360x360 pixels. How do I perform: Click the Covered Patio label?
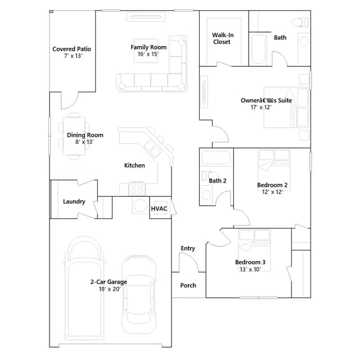71,49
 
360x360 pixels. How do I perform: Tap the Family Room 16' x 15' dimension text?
148,54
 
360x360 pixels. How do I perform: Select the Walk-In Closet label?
223,38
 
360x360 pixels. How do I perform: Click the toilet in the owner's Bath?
300,22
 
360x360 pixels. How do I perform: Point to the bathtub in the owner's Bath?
259,49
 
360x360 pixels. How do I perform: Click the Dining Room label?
85,135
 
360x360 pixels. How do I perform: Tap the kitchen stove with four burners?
137,188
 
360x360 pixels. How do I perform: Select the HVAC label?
159,209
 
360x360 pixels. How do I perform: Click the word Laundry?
74,201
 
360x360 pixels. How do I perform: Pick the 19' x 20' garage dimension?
110,289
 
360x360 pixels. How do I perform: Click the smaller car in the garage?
139,294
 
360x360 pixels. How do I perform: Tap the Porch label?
188,285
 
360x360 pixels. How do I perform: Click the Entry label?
188,249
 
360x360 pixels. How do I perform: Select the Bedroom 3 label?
250,262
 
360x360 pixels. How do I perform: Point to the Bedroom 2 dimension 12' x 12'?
272,192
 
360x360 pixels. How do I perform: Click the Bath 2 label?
218,181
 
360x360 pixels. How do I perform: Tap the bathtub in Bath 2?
216,157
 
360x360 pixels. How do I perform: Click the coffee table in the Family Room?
146,51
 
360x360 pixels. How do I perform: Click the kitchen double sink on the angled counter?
151,148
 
